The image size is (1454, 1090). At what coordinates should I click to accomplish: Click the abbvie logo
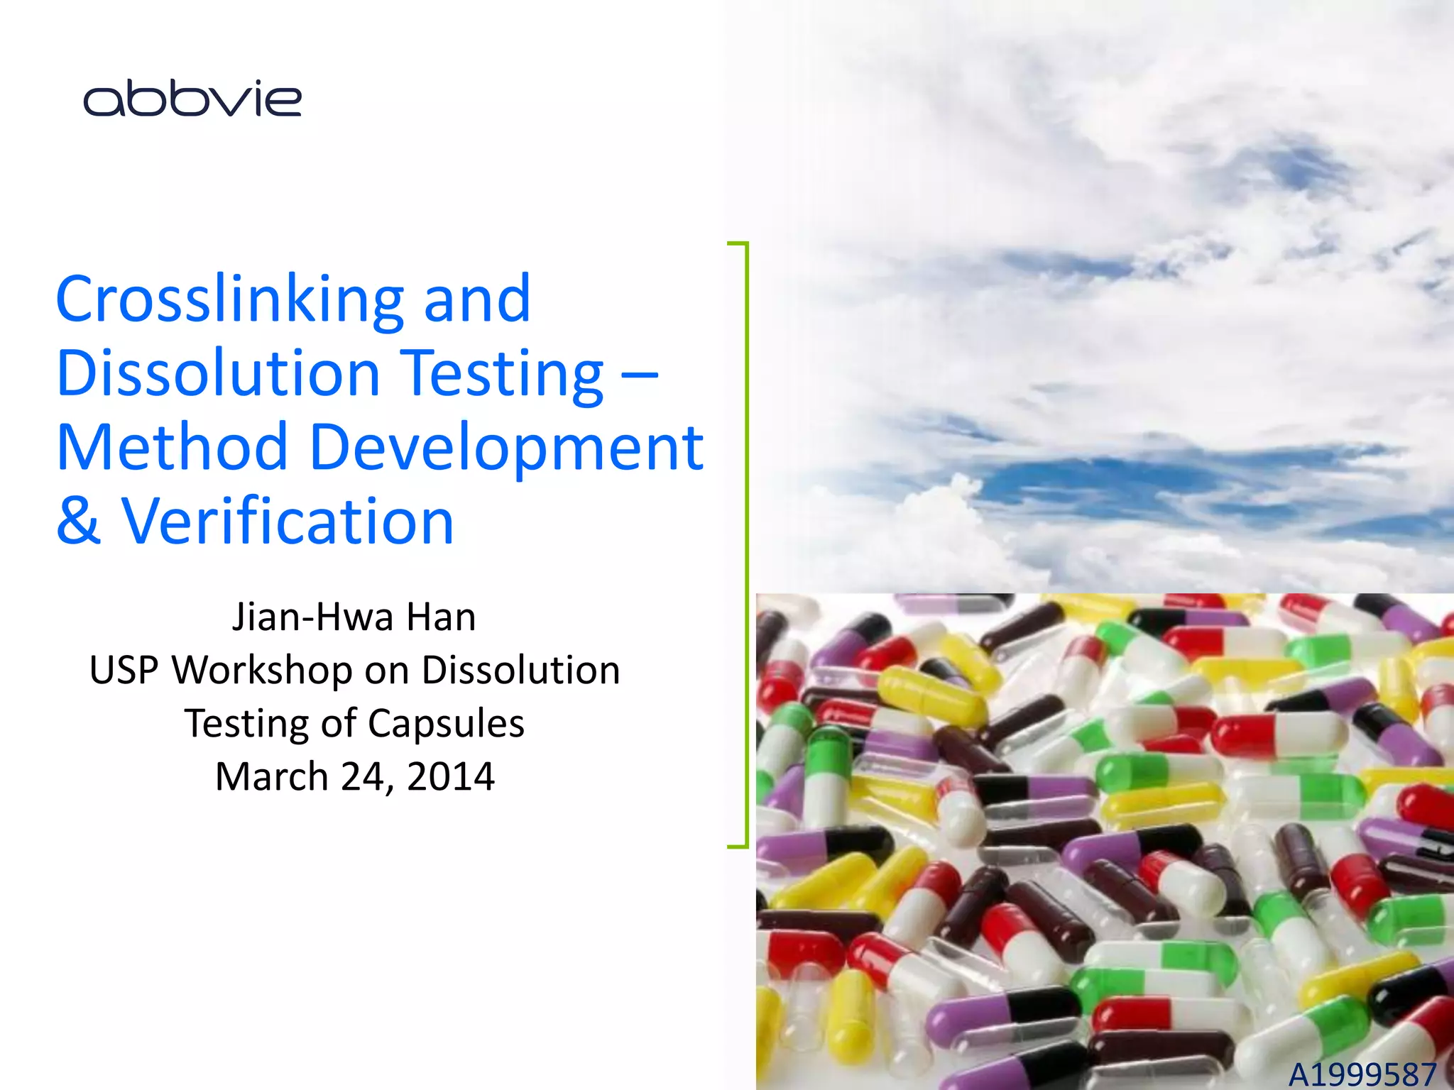(x=192, y=99)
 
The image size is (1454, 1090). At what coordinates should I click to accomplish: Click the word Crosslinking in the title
(x=229, y=299)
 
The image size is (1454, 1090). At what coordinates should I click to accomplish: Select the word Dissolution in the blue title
(x=219, y=373)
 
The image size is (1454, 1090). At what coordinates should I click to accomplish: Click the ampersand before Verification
(x=79, y=522)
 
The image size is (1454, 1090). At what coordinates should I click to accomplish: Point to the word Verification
(x=288, y=522)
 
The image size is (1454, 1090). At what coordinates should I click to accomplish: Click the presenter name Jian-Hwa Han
(x=354, y=617)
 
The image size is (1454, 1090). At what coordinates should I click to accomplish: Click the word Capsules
(x=447, y=723)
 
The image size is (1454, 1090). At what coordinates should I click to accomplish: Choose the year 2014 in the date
(x=451, y=776)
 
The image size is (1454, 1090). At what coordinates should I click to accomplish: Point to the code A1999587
(x=1362, y=1074)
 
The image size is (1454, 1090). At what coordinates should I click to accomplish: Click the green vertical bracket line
(x=747, y=544)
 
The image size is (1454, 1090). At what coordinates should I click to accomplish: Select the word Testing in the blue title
(x=504, y=373)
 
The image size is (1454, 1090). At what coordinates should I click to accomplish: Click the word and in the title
(x=477, y=299)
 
